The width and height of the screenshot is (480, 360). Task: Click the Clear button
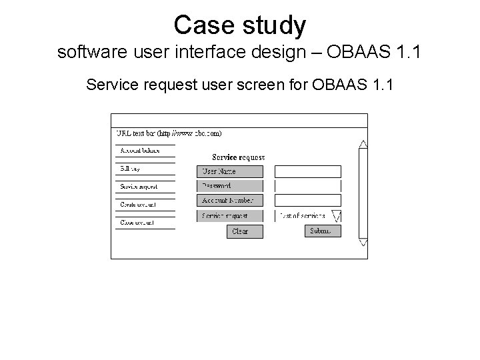coord(245,231)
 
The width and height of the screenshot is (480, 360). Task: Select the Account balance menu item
coord(140,151)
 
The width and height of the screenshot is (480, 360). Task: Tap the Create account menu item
coord(138,204)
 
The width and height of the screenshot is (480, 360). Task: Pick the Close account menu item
coord(137,222)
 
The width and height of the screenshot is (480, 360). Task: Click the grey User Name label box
coord(230,171)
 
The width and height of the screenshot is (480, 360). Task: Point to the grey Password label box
coord(230,186)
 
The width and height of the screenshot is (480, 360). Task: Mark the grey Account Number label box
coord(230,200)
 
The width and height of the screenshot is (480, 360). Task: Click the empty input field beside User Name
coord(307,171)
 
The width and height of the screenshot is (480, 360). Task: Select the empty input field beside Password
coord(307,186)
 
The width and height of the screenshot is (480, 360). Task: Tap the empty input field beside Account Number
coord(307,200)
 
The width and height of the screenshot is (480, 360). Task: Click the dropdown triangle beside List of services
coord(336,216)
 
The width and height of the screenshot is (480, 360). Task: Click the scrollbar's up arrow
coord(363,143)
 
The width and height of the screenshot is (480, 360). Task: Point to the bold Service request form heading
coord(238,157)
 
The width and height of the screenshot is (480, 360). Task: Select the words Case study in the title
coord(240,25)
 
